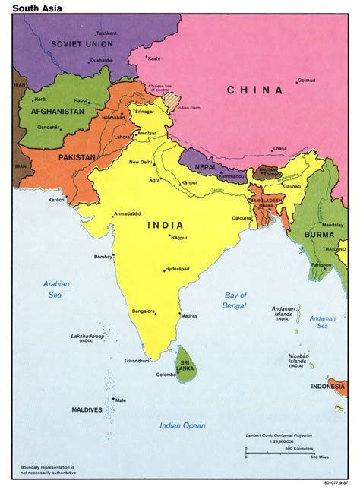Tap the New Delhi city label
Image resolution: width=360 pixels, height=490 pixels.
[x=142, y=162]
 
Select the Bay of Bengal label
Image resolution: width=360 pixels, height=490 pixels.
[x=236, y=299]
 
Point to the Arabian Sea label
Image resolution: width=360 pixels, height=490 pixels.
[x=55, y=289]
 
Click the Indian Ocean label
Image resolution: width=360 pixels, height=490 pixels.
[x=182, y=425]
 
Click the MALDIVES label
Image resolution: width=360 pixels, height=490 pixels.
[x=87, y=409]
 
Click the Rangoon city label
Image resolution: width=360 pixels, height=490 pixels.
[x=321, y=264]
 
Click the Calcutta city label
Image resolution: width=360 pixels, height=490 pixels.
[x=221, y=218]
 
